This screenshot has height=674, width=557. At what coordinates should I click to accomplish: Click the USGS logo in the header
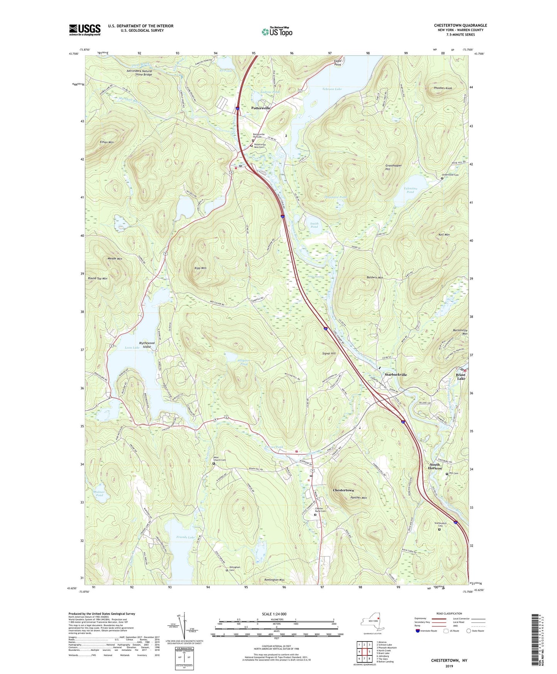(85, 30)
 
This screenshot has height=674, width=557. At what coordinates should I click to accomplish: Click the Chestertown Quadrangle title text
(460, 25)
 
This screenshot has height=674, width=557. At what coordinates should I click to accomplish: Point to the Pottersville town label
(261, 108)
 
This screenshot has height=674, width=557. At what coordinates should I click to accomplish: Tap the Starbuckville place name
(396, 375)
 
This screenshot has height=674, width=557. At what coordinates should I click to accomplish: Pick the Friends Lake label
(185, 537)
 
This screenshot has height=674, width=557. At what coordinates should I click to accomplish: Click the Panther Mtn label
(359, 498)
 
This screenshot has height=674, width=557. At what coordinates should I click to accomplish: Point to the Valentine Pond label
(410, 190)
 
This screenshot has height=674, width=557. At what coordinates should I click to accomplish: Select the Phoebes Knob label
(443, 88)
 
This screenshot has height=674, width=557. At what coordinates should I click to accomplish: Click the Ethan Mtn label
(106, 142)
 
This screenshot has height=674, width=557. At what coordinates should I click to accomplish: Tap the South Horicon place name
(434, 466)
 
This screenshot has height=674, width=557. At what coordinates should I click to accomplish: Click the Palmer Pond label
(99, 494)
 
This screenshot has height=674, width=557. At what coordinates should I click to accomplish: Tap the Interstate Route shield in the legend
(418, 631)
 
